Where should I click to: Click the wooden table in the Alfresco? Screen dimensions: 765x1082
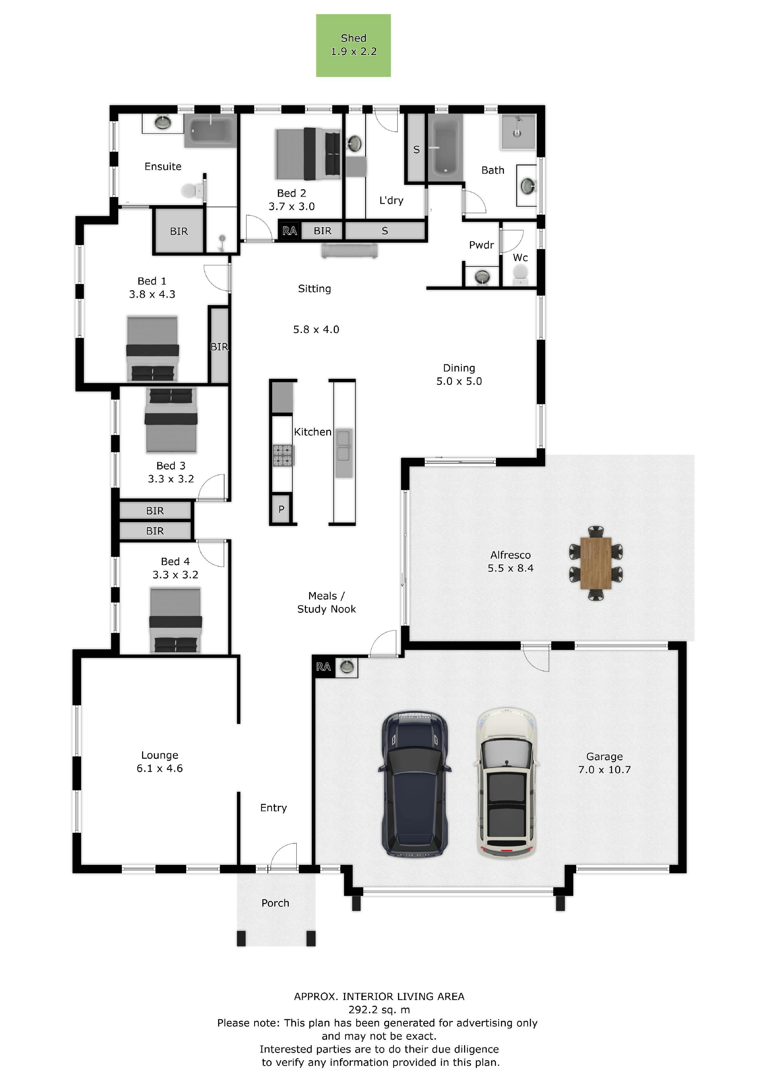pos(596,563)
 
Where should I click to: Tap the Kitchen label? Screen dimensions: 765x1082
pos(312,432)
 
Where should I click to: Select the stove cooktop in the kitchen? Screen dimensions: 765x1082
pos(283,455)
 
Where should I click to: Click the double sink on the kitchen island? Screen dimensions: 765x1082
pos(343,446)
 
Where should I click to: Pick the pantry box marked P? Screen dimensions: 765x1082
pos(281,509)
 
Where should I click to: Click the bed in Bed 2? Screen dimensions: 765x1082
pos(308,154)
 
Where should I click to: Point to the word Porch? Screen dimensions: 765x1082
pos(275,903)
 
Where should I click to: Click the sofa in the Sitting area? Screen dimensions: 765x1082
pos(349,251)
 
